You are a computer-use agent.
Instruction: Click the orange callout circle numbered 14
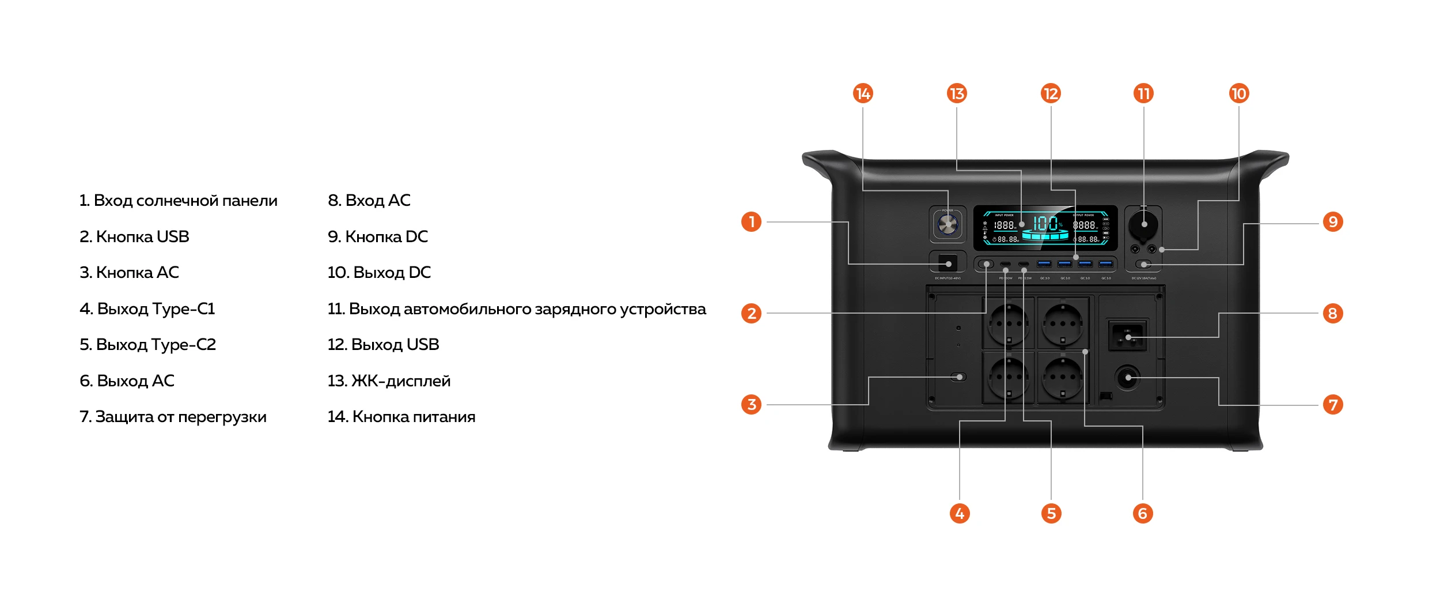(863, 93)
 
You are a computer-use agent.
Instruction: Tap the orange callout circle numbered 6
(1143, 513)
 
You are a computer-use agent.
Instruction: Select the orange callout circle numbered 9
(1333, 222)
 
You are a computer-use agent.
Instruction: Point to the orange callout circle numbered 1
(751, 222)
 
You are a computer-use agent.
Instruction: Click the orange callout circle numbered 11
(1144, 93)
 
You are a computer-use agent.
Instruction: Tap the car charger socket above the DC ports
(1144, 225)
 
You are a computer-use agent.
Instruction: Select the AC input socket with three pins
(1128, 336)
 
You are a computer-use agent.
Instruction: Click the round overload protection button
(1128, 378)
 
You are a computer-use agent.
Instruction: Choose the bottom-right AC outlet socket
(1063, 378)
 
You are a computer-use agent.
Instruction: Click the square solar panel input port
(948, 263)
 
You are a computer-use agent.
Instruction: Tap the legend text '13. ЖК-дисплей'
(389, 381)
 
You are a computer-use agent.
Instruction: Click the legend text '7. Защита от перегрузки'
(173, 417)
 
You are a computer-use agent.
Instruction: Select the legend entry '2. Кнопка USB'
(134, 237)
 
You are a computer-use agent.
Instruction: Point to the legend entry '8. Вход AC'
(369, 201)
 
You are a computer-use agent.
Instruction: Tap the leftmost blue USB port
(1044, 264)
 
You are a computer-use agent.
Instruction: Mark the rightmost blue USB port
(1105, 264)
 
